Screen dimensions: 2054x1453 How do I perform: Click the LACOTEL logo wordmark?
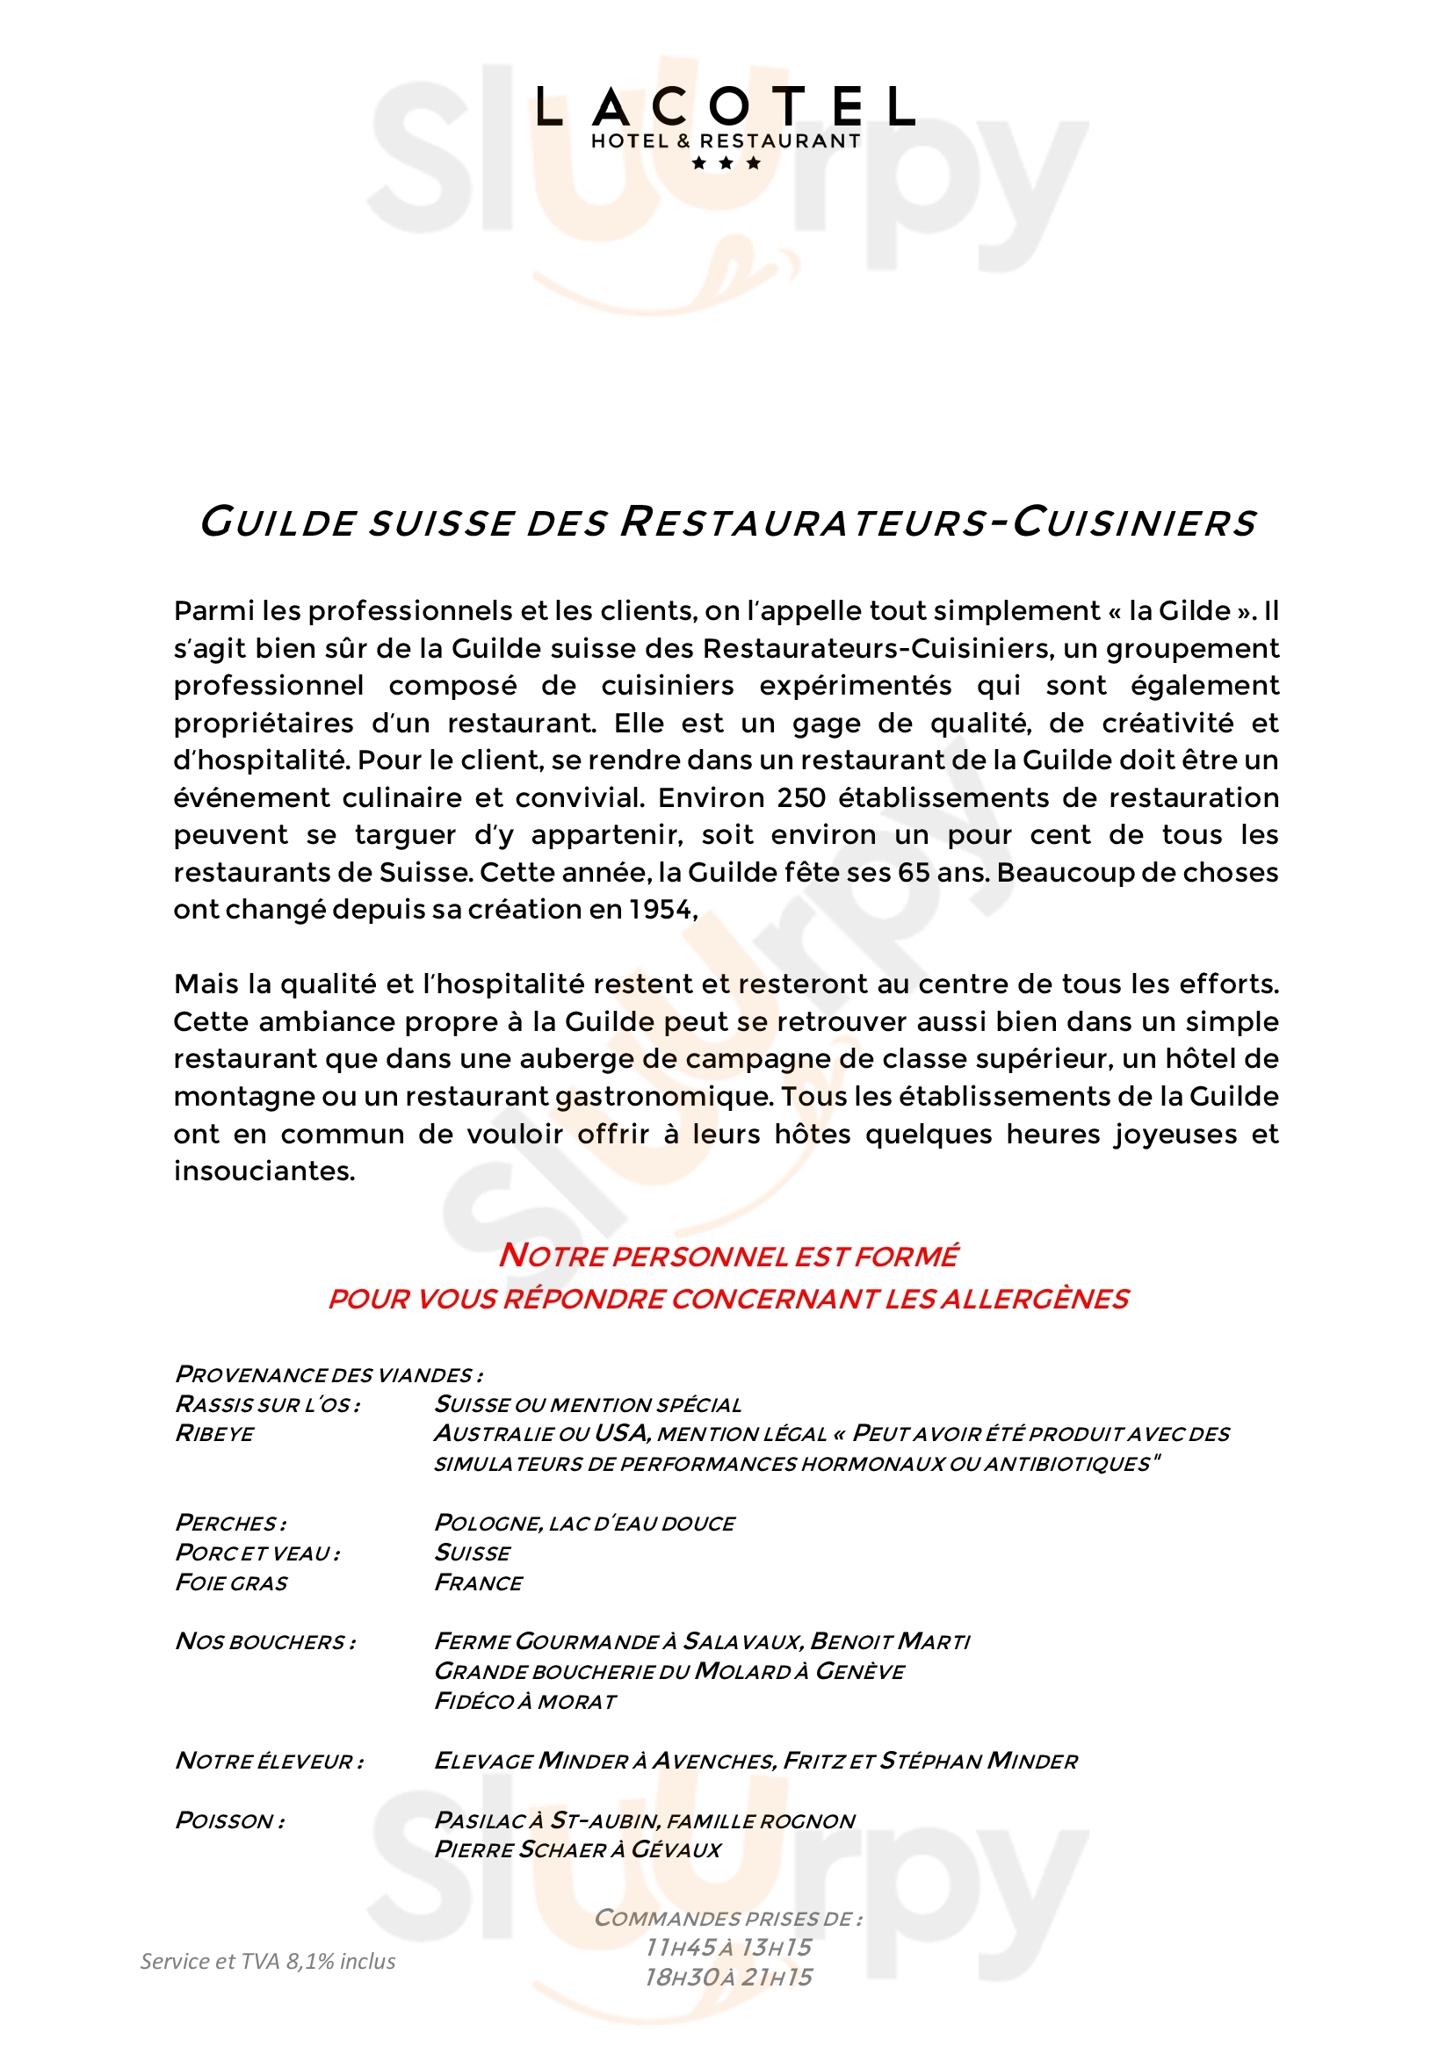tap(726, 107)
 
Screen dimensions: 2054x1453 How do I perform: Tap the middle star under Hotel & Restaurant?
tap(726, 162)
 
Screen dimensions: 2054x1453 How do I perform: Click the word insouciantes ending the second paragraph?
tap(264, 1171)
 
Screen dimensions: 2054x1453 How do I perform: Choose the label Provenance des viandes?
tap(329, 1374)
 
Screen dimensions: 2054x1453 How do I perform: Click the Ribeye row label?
tap(214, 1434)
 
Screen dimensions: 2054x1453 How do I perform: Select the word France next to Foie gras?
tap(479, 1582)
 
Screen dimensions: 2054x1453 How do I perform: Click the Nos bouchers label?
tap(265, 1641)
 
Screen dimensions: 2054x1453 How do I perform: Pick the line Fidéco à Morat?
tap(525, 1702)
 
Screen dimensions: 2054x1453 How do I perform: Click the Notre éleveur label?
tap(270, 1761)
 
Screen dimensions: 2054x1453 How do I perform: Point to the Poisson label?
tap(230, 1820)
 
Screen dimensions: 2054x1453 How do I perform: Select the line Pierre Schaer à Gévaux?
tap(577, 1849)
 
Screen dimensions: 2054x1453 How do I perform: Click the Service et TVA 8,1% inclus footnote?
tap(268, 1961)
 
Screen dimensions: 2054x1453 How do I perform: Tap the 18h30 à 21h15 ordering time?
tap(727, 1977)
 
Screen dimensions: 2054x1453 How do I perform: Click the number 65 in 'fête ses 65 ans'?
tap(914, 872)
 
